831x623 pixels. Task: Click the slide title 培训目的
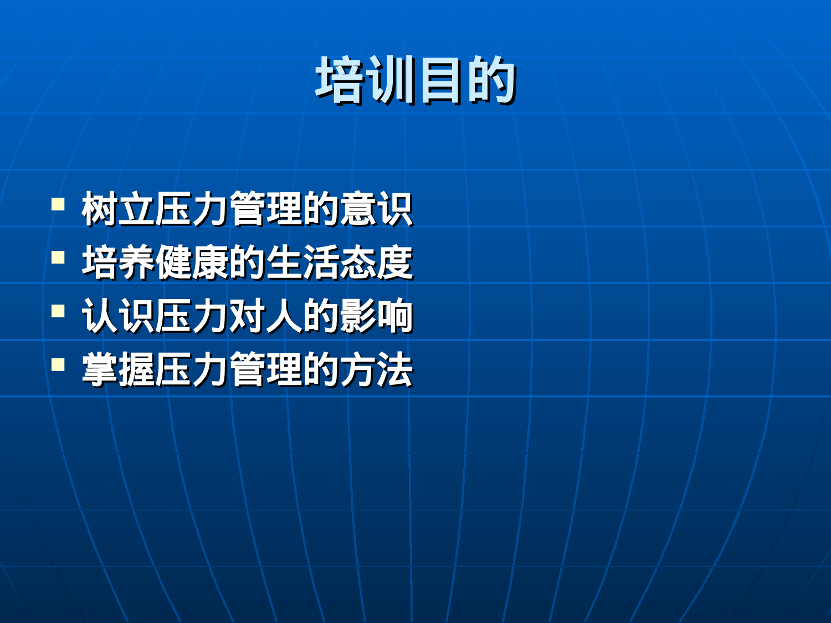(416, 80)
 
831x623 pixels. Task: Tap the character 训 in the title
(391, 80)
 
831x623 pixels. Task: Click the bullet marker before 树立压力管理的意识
(58, 204)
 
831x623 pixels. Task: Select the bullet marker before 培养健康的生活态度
(58, 258)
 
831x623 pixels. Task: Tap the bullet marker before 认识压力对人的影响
(58, 311)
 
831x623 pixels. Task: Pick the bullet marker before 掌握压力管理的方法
(58, 364)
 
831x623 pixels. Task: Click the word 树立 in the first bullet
(118, 209)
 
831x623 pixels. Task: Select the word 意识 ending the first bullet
(376, 209)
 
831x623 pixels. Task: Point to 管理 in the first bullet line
(265, 209)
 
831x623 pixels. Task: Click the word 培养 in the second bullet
(118, 262)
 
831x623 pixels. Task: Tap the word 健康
(192, 262)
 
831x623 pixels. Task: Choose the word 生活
(302, 262)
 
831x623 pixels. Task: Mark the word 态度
(376, 262)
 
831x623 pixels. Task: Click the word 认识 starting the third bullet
(118, 316)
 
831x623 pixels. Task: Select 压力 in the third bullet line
(192, 316)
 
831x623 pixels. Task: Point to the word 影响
(376, 316)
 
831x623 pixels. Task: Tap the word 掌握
(118, 369)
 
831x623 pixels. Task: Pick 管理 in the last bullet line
(265, 369)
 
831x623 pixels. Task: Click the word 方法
(376, 369)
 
